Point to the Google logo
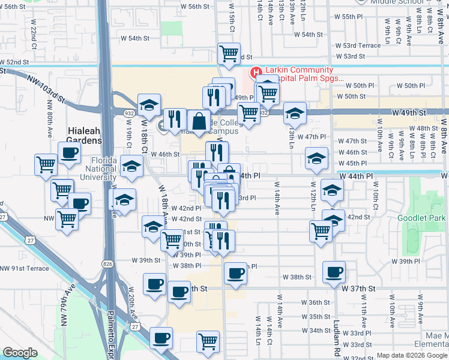[x=20, y=353]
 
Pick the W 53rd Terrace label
[x=358, y=45]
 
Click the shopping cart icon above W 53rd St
[x=229, y=53]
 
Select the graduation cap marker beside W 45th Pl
[x=316, y=157]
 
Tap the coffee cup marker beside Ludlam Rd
[x=334, y=271]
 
